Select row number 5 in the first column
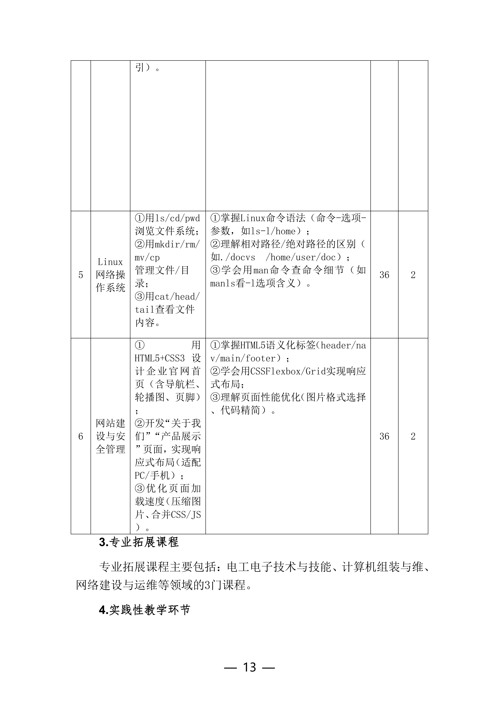(80, 275)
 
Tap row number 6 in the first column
(80, 436)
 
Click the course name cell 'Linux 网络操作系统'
(110, 275)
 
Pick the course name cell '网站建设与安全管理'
(110, 436)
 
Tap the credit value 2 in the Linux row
(413, 275)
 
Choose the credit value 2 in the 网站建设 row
(413, 436)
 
